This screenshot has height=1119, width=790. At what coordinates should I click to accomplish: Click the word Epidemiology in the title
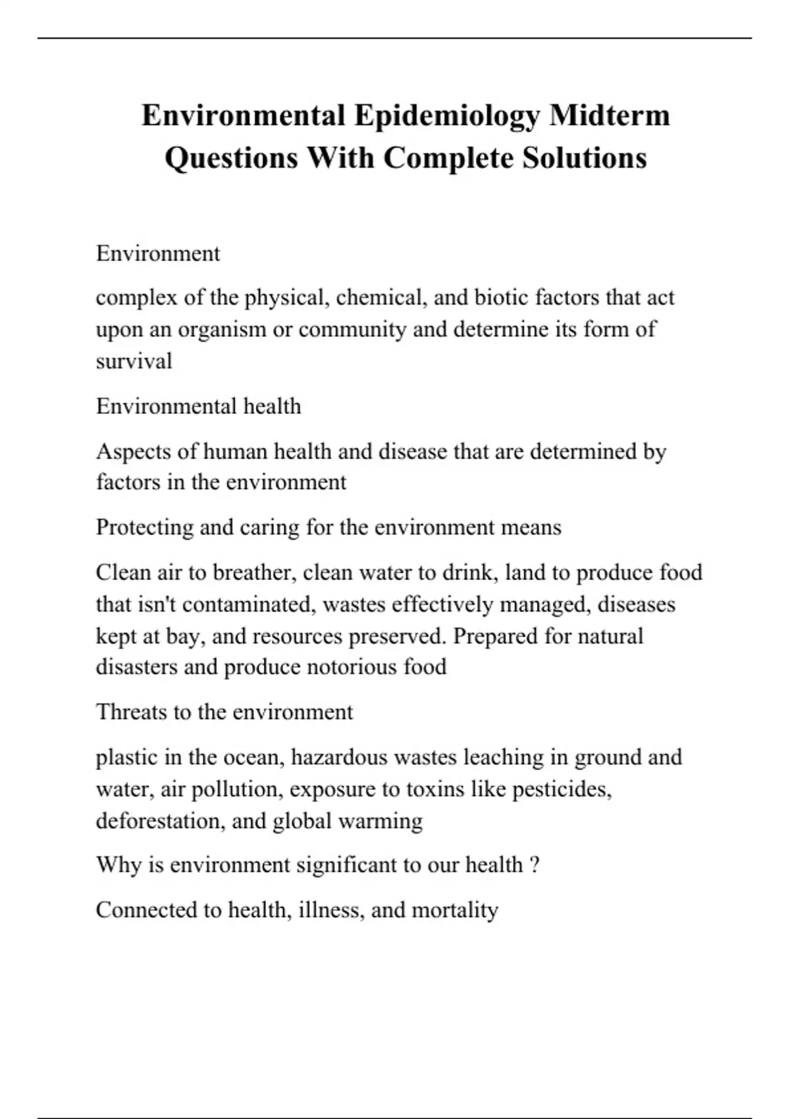coord(447,116)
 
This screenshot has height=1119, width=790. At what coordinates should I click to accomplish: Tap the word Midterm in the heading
coord(610,116)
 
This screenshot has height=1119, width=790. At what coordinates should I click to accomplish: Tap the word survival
coord(134,361)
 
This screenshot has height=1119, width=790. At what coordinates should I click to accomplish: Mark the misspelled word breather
coord(253,573)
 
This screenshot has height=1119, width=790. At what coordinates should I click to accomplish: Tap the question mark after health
coord(535,865)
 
